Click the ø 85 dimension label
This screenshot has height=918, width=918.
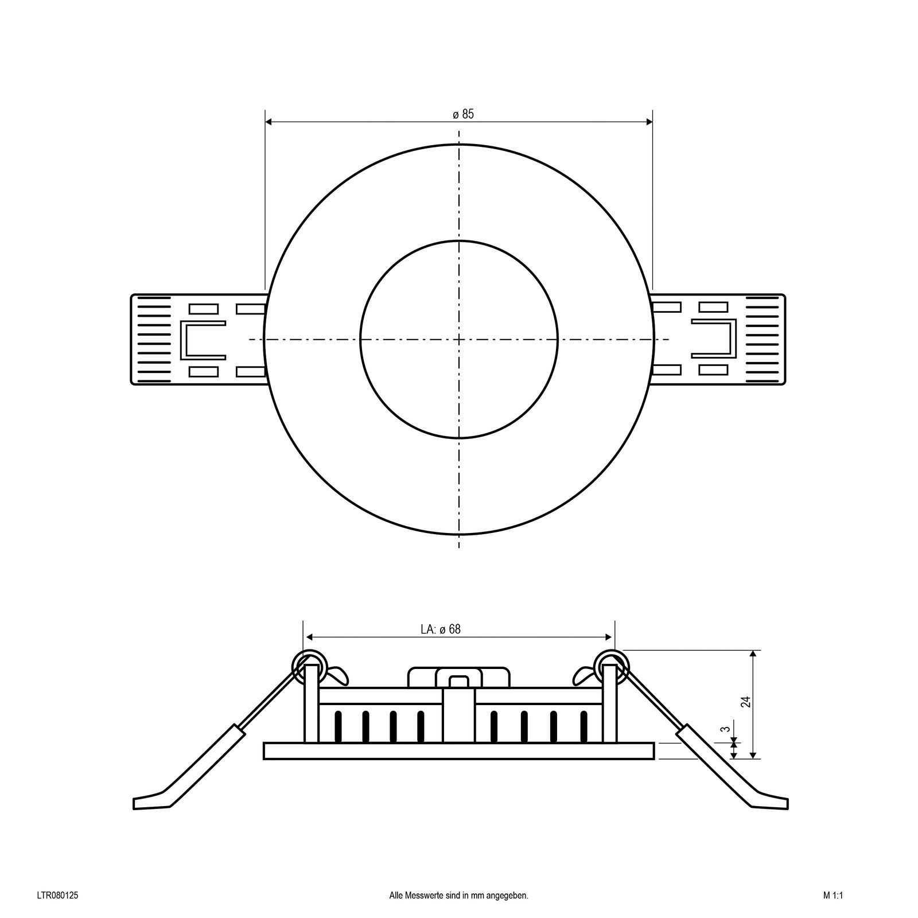click(463, 114)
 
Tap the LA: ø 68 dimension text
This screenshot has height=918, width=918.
click(440, 629)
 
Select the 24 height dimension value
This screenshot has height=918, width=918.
click(745, 701)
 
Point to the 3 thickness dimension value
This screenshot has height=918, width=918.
click(726, 729)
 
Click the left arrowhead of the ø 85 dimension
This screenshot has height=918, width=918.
click(269, 122)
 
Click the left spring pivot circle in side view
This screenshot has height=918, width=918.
click(310, 666)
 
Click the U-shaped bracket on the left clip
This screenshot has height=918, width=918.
click(201, 340)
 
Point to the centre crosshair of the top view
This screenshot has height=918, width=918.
click(459, 340)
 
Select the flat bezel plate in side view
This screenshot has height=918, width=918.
click(458, 751)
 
